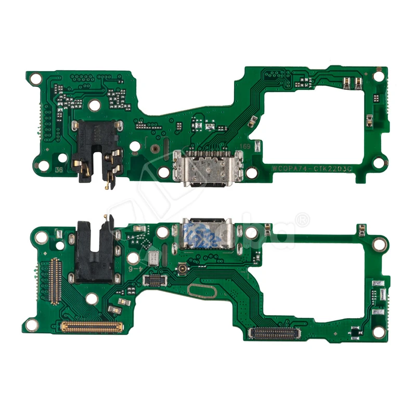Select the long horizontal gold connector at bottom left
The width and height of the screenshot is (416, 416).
coord(92,327)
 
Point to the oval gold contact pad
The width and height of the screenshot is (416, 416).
coord(202,292)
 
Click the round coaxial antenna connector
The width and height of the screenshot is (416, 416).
coord(183,269)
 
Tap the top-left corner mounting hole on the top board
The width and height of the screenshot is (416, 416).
coord(35,79)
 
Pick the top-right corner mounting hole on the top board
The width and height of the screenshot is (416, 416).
coord(379,76)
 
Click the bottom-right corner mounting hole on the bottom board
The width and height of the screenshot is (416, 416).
coord(379,331)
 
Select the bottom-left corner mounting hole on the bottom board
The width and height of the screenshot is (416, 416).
coord(32,325)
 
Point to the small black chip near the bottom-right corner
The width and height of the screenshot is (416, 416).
coord(355,331)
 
